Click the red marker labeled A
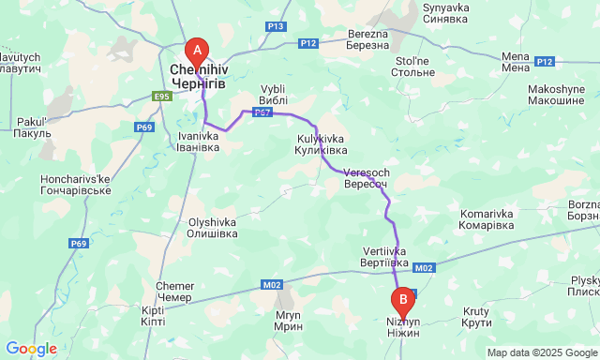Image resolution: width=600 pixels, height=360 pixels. (197, 51)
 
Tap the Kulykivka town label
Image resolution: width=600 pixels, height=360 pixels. (315, 144)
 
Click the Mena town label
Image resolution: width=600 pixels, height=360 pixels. (516, 62)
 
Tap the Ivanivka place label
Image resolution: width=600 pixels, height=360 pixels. (199, 141)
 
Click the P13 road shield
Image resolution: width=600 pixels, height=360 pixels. (275, 26)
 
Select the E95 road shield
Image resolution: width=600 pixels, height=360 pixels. (162, 96)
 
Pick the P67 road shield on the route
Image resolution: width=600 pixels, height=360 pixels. (262, 112)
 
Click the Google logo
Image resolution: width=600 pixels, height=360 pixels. (30, 349)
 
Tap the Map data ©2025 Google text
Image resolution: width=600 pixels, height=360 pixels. (541, 352)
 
